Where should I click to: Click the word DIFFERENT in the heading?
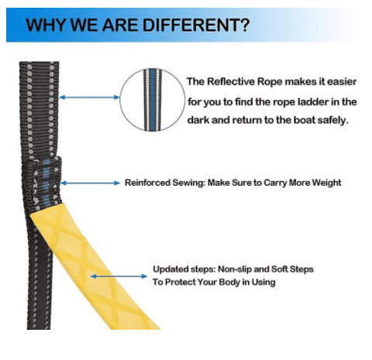pyautogui.click(x=192, y=25)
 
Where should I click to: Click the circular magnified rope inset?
pyautogui.click(x=153, y=100)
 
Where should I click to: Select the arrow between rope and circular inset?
pyautogui.click(x=89, y=98)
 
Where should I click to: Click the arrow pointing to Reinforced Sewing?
pyautogui.click(x=90, y=183)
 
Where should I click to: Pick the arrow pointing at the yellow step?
pyautogui.click(x=119, y=276)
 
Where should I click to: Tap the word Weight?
pyautogui.click(x=326, y=183)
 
